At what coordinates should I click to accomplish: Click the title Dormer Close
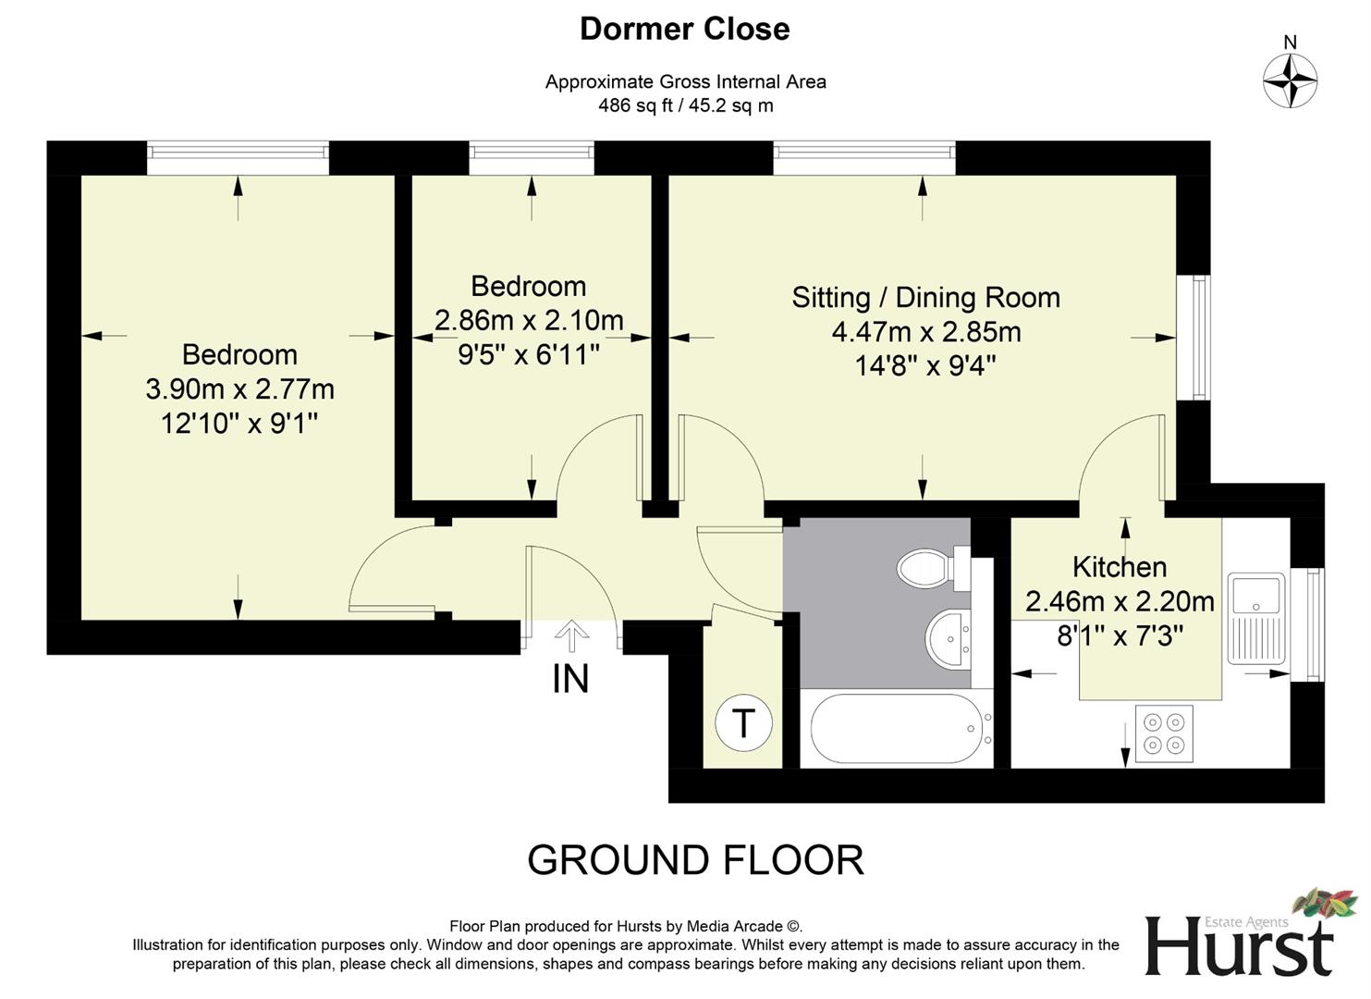point(684,30)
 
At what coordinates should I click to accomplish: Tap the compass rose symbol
point(1290,80)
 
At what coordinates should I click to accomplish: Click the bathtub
point(895,729)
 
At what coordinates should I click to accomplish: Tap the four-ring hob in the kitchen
point(1163,733)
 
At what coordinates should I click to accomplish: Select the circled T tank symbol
point(742,721)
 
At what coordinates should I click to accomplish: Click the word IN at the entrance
point(570,679)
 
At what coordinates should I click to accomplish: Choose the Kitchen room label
point(1119,566)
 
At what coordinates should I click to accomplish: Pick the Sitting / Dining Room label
point(925,298)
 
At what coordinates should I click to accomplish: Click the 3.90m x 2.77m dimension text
point(239,389)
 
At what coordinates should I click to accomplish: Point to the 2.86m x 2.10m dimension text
point(529,320)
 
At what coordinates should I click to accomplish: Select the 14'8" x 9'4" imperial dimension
point(925,366)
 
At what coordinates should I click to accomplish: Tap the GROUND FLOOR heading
point(695,860)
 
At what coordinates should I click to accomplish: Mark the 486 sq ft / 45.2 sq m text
point(685,105)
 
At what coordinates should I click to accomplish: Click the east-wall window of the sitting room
point(1199,338)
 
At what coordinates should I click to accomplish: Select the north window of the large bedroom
point(238,157)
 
